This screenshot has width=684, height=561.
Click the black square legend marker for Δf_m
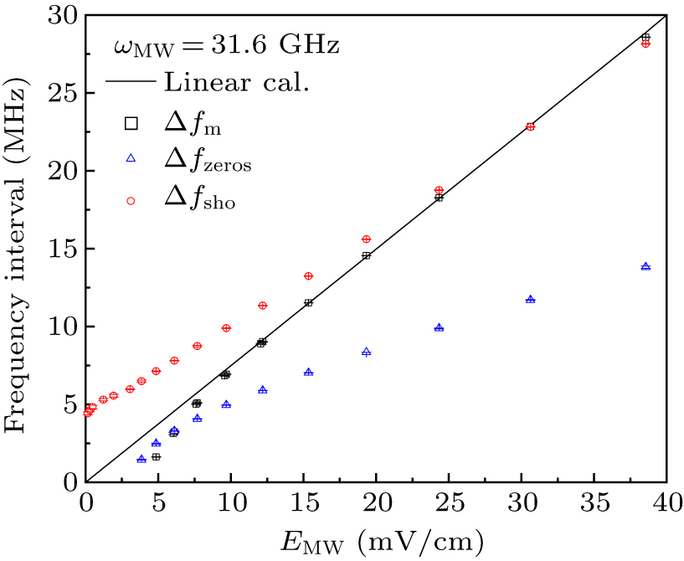[x=131, y=123]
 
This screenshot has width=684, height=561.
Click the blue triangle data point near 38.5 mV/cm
[x=645, y=266]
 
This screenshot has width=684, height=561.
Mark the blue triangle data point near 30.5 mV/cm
[x=530, y=299]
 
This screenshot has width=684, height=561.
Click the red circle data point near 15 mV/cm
[x=308, y=275]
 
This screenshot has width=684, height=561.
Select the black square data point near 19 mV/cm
[x=366, y=255]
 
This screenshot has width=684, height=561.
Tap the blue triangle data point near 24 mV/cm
[x=439, y=327]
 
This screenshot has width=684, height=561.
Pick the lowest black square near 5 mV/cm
[x=156, y=457]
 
